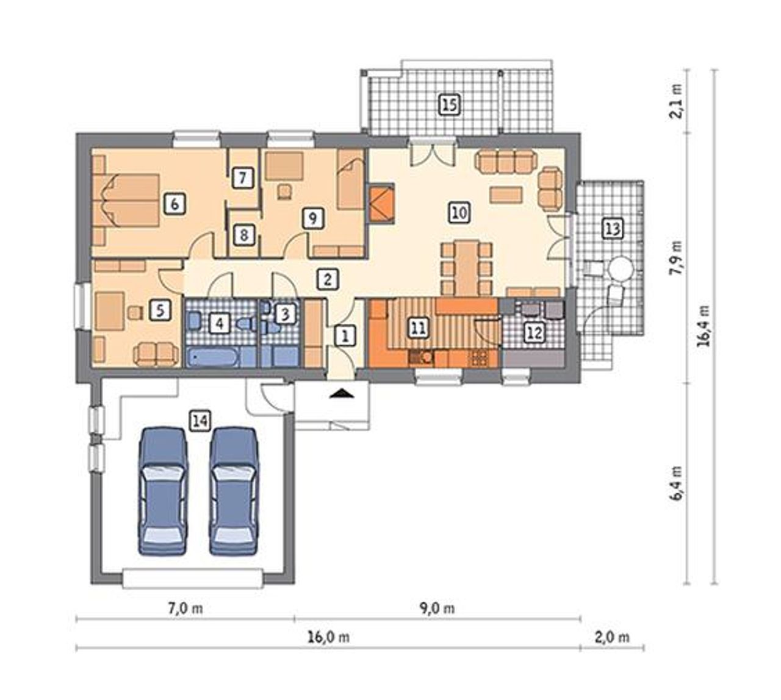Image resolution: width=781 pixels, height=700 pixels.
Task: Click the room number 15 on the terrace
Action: [449, 105]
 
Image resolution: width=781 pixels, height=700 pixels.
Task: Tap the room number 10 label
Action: [459, 212]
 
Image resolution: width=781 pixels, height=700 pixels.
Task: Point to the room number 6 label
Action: [175, 204]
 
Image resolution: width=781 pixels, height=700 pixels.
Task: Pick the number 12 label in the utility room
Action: [534, 333]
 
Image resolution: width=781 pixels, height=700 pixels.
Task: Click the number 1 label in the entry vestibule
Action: [345, 337]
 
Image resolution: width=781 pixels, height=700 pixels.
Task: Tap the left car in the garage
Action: [163, 491]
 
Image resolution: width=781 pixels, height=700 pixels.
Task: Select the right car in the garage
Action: [234, 491]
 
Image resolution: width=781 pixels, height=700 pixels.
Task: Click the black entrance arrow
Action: [341, 393]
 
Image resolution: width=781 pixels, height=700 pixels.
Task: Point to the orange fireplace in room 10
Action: [381, 203]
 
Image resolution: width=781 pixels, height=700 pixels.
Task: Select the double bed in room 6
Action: [131, 200]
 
